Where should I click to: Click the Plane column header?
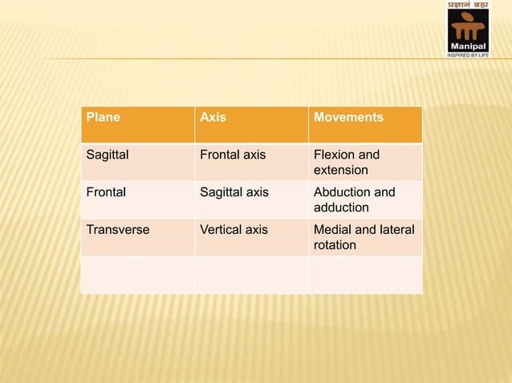click(104, 118)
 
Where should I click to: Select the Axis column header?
click(213, 118)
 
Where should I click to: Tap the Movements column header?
click(348, 118)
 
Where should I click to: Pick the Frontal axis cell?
click(233, 155)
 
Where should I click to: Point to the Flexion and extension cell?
click(347, 163)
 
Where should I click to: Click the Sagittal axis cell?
click(234, 192)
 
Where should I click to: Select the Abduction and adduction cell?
click(354, 200)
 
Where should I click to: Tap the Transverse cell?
click(117, 229)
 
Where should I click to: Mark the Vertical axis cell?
click(234, 229)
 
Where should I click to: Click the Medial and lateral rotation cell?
click(364, 237)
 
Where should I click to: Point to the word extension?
click(341, 171)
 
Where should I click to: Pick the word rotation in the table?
click(335, 245)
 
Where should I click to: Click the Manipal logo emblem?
click(467, 28)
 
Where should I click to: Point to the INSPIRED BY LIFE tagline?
click(467, 55)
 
